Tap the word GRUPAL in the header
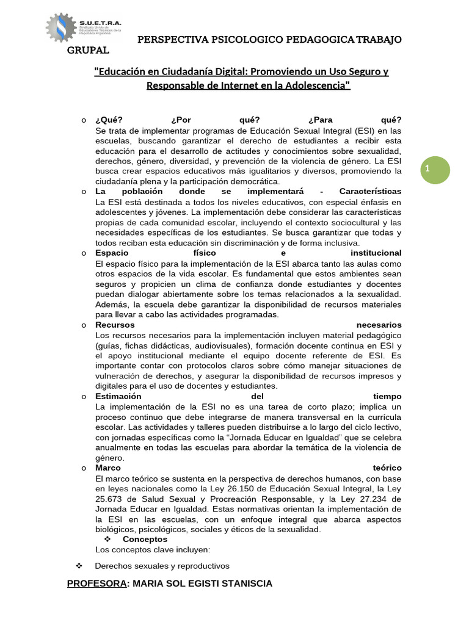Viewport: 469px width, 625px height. click(x=88, y=50)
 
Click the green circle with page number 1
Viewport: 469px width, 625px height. click(x=436, y=169)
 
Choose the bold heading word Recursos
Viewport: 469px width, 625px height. click(x=115, y=325)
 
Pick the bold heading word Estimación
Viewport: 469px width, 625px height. click(x=118, y=396)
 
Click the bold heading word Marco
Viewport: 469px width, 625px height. click(x=108, y=468)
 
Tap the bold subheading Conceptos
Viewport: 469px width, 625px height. click(x=145, y=539)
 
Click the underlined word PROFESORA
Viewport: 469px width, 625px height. click(x=96, y=583)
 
